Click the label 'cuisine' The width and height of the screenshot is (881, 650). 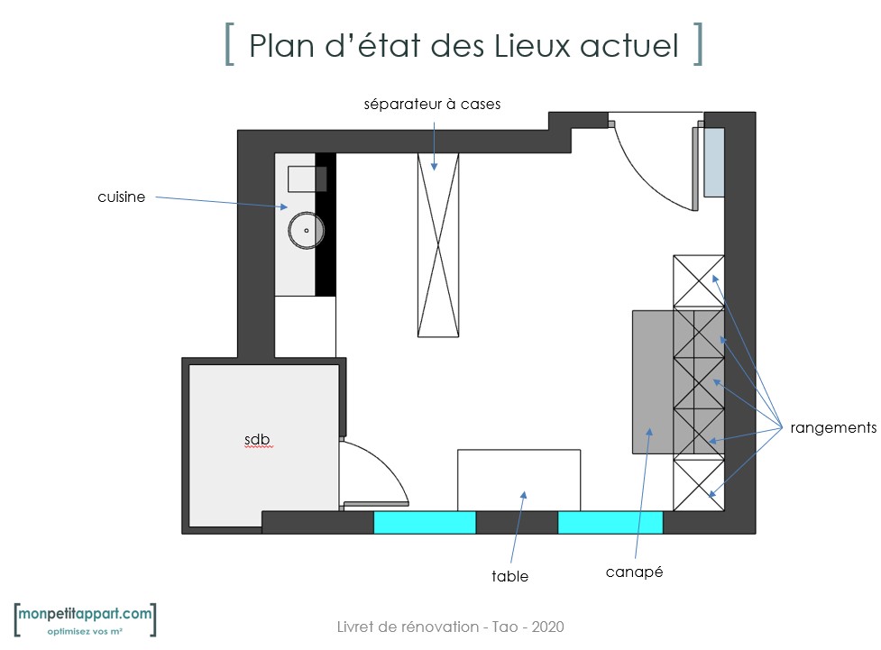click(122, 197)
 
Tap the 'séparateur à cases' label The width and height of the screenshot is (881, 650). click(432, 104)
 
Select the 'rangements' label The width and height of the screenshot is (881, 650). click(833, 427)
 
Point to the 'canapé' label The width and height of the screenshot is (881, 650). click(634, 572)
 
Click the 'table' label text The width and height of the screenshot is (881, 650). click(509, 576)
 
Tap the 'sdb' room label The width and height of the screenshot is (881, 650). click(257, 439)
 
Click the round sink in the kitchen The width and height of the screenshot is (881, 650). click(307, 230)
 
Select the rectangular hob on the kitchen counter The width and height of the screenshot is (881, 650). click(307, 179)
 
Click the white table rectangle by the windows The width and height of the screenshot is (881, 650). click(519, 481)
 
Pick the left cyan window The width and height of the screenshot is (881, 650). click(425, 523)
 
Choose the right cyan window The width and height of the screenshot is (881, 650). click(610, 523)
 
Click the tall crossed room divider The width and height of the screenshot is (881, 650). click(438, 245)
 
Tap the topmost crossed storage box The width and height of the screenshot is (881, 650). click(698, 281)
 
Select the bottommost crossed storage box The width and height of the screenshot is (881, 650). click(698, 485)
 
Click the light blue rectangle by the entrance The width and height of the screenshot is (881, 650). click(714, 162)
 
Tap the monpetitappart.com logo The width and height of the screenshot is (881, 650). click(85, 619)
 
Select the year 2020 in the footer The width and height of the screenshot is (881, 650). click(548, 627)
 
